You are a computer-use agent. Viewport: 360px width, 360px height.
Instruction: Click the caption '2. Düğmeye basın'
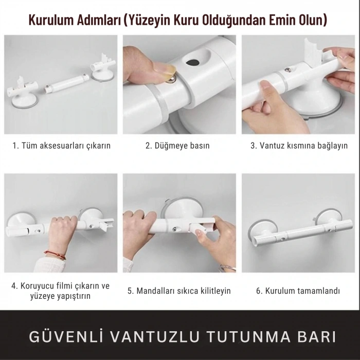coord(178,146)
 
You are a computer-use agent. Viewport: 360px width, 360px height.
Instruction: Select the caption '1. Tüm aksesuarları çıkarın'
coord(61,146)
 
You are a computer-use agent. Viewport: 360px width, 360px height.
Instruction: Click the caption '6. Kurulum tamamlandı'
coord(298,291)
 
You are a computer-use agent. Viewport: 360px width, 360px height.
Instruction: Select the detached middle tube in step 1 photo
coord(65,83)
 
